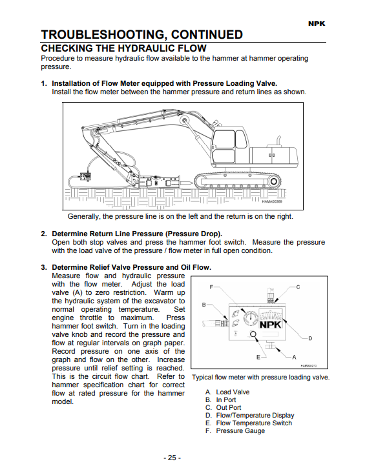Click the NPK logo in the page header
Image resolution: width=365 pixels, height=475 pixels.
tap(317, 24)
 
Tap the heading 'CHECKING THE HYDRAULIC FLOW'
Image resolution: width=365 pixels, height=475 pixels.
tap(123, 48)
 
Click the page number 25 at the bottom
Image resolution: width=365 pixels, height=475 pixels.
tap(172, 458)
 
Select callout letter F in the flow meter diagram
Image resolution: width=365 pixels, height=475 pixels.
tap(211, 287)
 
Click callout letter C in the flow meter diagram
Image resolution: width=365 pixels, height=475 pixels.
tap(298, 287)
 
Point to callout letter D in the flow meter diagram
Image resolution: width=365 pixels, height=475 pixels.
tap(310, 338)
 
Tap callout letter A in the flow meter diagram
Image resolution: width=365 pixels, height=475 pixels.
tap(294, 357)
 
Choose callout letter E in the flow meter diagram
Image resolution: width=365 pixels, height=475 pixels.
tap(258, 357)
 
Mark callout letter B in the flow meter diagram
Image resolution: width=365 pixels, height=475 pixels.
tap(204, 305)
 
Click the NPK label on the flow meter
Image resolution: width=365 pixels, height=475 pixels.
tap(271, 325)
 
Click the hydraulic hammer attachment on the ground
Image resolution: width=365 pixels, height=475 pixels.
tap(163, 183)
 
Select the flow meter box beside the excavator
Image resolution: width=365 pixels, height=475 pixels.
tap(86, 176)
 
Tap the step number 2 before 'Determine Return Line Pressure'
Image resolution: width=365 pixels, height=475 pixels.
tap(44, 234)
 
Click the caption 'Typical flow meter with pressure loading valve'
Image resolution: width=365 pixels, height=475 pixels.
tap(261, 377)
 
